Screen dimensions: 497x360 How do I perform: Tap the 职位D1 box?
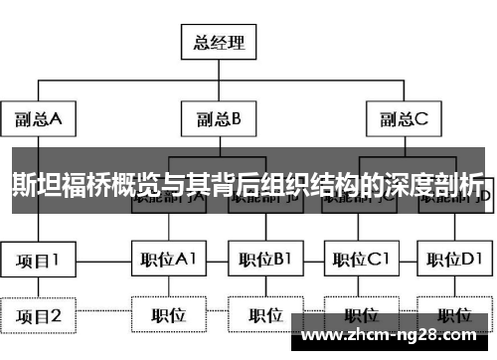453,261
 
